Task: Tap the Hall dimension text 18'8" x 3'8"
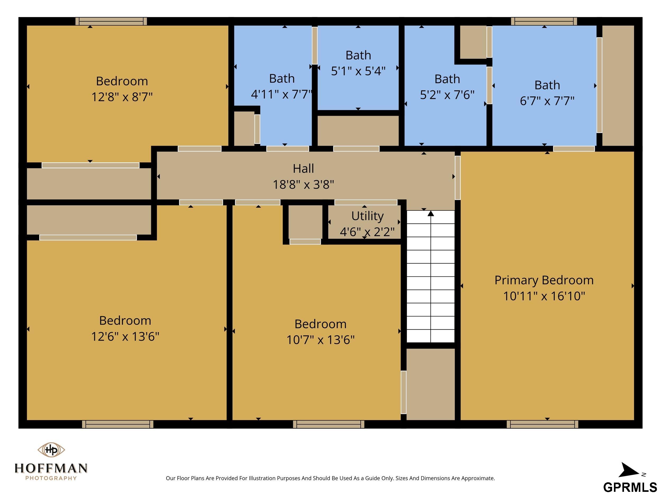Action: pyautogui.click(x=303, y=184)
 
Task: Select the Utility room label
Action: pyautogui.click(x=367, y=216)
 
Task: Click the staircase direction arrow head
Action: pyautogui.click(x=431, y=213)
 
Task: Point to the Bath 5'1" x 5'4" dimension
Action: pyautogui.click(x=358, y=71)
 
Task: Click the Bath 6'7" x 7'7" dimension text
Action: pyautogui.click(x=547, y=101)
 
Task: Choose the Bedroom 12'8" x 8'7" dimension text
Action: pyautogui.click(x=122, y=97)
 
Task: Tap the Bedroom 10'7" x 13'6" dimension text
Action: pyautogui.click(x=320, y=340)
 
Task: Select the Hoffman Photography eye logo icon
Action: pyautogui.click(x=51, y=449)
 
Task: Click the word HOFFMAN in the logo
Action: pyautogui.click(x=51, y=468)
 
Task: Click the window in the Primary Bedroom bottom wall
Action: pyautogui.click(x=542, y=424)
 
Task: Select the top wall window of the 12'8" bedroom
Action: pyautogui.click(x=111, y=21)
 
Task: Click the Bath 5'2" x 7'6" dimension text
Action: pyautogui.click(x=447, y=95)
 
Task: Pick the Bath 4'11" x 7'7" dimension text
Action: pyautogui.click(x=282, y=94)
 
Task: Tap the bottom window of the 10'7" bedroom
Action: pyautogui.click(x=329, y=424)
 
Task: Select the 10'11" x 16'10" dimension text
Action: pyautogui.click(x=544, y=296)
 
